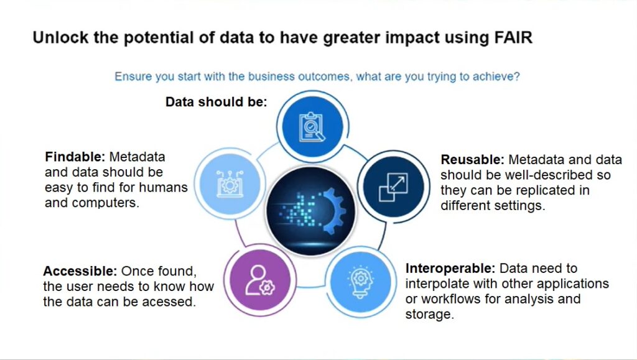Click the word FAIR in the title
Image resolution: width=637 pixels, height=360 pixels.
[513, 37]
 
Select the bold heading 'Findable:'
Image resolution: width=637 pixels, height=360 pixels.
[75, 157]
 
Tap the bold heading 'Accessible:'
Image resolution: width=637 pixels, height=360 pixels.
[80, 270]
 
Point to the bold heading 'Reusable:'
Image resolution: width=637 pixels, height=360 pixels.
[472, 160]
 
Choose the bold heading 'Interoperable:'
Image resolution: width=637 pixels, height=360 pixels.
[450, 268]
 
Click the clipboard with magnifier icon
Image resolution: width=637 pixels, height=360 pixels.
[312, 127]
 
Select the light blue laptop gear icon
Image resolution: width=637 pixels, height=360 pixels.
[230, 184]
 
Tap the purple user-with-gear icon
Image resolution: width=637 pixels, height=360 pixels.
[260, 280]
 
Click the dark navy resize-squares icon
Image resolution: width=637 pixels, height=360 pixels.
[393, 188]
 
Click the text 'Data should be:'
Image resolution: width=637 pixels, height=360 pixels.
[216, 102]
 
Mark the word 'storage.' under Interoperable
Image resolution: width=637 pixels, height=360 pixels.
[429, 314]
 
